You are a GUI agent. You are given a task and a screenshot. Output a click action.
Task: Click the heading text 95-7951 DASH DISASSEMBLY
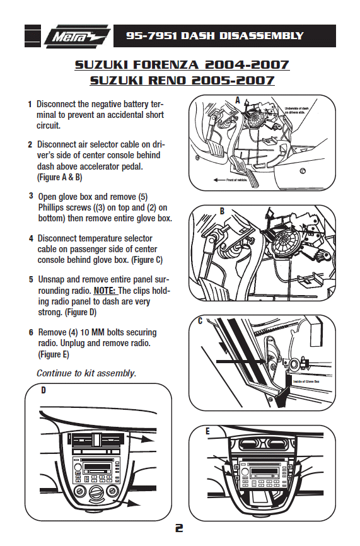tap(214, 36)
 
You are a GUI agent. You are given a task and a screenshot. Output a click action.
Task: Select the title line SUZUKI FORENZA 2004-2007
tap(182, 65)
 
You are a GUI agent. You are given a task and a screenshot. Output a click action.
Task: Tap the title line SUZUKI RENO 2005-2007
tap(182, 80)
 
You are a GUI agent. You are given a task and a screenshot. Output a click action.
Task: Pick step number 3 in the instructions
tap(30, 196)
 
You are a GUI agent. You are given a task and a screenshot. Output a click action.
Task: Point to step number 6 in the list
tap(30, 332)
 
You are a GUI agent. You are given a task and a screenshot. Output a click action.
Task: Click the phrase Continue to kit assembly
tap(86, 373)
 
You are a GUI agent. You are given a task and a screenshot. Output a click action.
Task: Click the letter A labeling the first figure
tap(238, 100)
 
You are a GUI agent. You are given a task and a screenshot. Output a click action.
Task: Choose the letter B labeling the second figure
tap(222, 211)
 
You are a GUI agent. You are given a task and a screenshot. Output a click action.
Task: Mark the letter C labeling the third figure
tap(200, 321)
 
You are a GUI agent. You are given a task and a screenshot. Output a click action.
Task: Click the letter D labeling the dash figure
tap(44, 391)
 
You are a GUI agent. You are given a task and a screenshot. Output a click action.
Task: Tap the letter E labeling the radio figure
tap(207, 431)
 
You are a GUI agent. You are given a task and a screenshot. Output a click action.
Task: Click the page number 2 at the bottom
tap(179, 528)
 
